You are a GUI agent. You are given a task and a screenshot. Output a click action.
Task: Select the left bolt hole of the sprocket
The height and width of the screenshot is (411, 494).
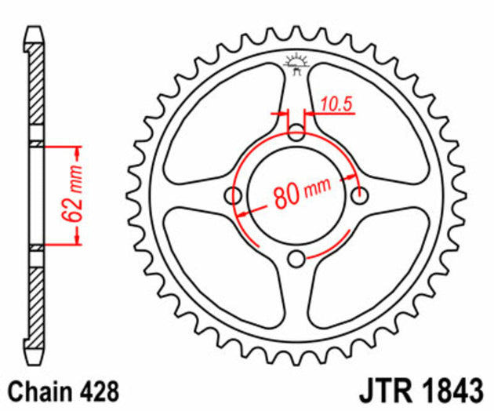pos(234,196)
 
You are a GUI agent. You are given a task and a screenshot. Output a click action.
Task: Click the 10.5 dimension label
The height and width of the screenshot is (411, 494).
pos(336,101)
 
